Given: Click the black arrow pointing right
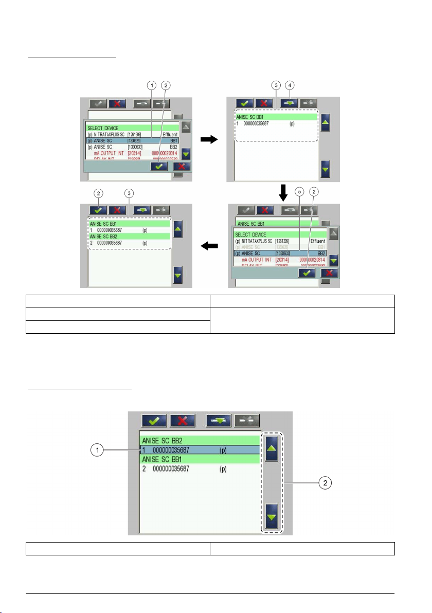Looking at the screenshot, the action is click(x=209, y=140).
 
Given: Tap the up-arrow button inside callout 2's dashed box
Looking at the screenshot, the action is click(x=272, y=448).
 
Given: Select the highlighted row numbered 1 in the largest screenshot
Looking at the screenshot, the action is click(x=200, y=450).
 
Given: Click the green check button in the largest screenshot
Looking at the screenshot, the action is click(x=154, y=420).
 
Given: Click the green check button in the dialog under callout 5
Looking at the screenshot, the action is click(x=307, y=273).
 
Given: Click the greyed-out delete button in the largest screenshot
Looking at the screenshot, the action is click(x=247, y=420).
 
